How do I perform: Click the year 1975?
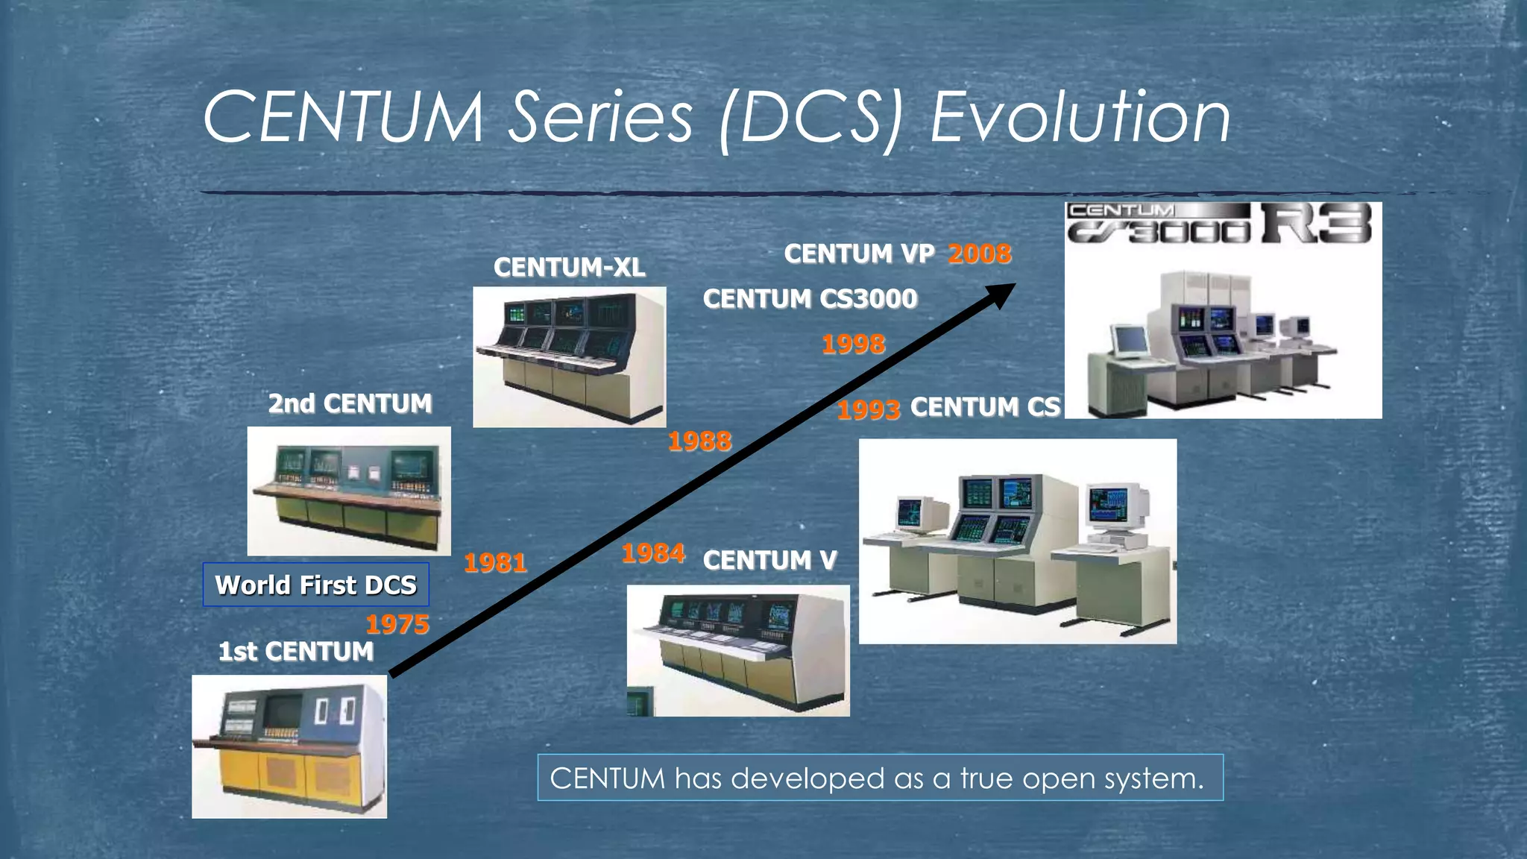397,624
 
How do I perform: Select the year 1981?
495,562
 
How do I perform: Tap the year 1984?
653,553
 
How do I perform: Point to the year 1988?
699,441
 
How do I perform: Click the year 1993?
868,409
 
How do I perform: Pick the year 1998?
853,344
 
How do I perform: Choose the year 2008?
979,254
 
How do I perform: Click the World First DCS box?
315,585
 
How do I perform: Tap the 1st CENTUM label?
295,652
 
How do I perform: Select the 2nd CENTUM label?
350,403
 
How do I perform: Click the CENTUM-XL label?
569,267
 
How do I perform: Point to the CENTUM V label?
769,560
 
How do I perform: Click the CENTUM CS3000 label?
810,299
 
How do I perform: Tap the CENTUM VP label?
858,254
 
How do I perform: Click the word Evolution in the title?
1080,117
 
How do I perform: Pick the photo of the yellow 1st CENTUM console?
289,746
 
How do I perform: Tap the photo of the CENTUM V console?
737,650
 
